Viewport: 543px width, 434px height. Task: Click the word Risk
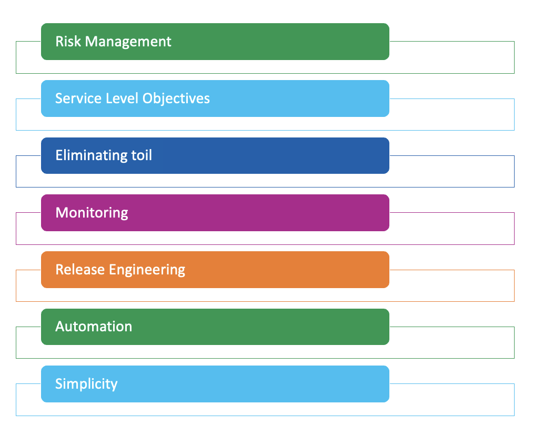(x=68, y=41)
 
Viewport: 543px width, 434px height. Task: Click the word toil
(x=142, y=155)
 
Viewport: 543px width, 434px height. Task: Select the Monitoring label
(x=92, y=213)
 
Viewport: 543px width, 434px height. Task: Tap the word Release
(x=80, y=270)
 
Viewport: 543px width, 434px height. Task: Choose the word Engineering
(x=147, y=270)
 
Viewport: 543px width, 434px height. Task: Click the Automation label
(x=94, y=327)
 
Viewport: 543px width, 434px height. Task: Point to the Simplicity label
(x=86, y=384)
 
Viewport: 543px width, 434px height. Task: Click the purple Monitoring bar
(x=263, y=213)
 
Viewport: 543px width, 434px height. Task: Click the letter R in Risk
(x=59, y=41)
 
